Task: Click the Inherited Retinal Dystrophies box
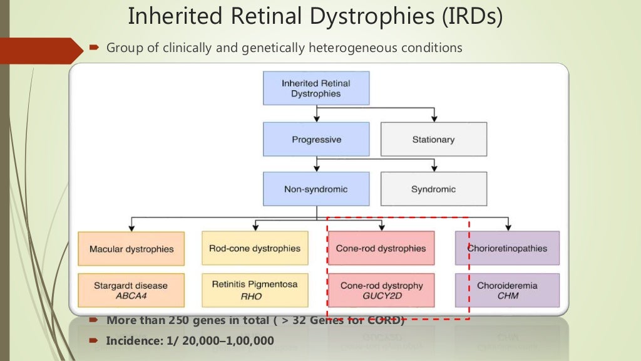pyautogui.click(x=315, y=88)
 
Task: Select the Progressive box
pyautogui.click(x=315, y=139)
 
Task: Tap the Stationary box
pyautogui.click(x=433, y=139)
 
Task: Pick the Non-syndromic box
pyautogui.click(x=315, y=189)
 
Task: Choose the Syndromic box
pyautogui.click(x=433, y=189)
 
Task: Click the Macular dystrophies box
pyautogui.click(x=131, y=249)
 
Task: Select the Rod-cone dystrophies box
pyautogui.click(x=255, y=248)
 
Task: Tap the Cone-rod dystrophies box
pyautogui.click(x=381, y=248)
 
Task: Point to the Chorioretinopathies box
pyautogui.click(x=507, y=248)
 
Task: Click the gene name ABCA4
pyautogui.click(x=131, y=296)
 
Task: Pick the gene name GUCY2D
pyautogui.click(x=381, y=296)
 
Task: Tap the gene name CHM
pyautogui.click(x=507, y=296)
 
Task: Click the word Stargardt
pyautogui.click(x=113, y=286)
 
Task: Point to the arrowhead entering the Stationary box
pyautogui.click(x=433, y=118)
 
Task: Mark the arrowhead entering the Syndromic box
pyautogui.click(x=433, y=169)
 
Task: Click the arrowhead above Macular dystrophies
pyautogui.click(x=131, y=228)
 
